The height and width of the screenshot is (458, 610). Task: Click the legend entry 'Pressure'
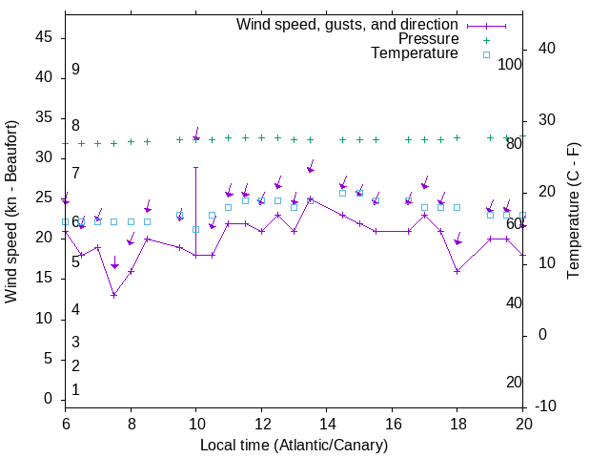click(x=428, y=39)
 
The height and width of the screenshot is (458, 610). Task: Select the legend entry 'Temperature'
click(x=415, y=54)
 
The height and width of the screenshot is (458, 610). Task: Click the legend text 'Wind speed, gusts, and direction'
click(x=347, y=24)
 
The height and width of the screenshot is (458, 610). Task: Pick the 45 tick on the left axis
click(x=44, y=37)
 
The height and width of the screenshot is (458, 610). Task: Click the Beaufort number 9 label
click(x=75, y=70)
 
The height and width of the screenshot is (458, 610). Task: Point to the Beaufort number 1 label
click(x=75, y=389)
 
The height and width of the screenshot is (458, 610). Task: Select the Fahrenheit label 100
click(x=510, y=64)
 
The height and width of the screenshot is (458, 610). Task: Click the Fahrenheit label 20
click(x=514, y=382)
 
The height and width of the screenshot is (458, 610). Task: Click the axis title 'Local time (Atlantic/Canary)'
click(x=294, y=445)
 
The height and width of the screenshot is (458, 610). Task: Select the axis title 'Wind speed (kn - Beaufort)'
click(x=11, y=212)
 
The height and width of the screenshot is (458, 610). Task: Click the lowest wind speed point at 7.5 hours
click(x=114, y=295)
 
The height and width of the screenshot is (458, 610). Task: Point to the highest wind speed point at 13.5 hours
click(x=311, y=198)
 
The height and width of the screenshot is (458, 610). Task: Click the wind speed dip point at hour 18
click(x=457, y=271)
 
